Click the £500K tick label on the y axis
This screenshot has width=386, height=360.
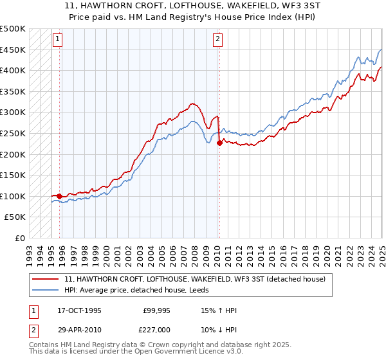(13, 29)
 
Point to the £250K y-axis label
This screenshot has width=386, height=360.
(13, 133)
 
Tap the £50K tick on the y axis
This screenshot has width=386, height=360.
(15, 217)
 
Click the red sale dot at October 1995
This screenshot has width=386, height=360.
(60, 196)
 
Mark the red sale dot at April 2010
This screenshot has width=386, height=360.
(219, 143)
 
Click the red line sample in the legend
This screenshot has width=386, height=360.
(46, 279)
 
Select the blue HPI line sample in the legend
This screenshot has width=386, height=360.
(46, 291)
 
